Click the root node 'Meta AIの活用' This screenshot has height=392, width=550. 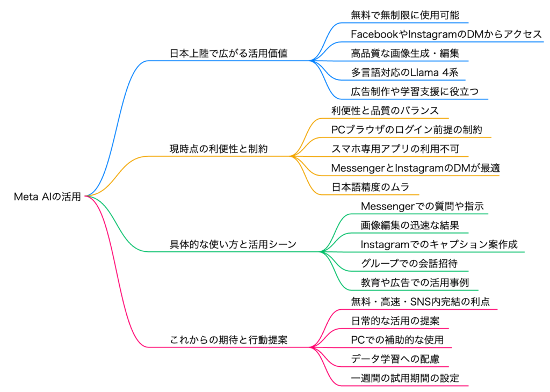47,197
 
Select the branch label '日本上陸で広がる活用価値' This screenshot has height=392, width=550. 228,54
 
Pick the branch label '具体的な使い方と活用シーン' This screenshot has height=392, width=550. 233,245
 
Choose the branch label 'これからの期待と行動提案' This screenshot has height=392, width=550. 228,340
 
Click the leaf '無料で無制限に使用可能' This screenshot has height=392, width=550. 405,15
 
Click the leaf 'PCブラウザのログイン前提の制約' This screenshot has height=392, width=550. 407,130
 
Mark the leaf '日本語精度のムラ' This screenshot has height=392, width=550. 371,187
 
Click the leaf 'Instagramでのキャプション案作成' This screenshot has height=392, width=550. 439,245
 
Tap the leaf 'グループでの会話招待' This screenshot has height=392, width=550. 409,264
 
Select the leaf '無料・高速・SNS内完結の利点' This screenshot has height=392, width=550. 420,302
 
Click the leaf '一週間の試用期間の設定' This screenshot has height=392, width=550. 405,378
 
